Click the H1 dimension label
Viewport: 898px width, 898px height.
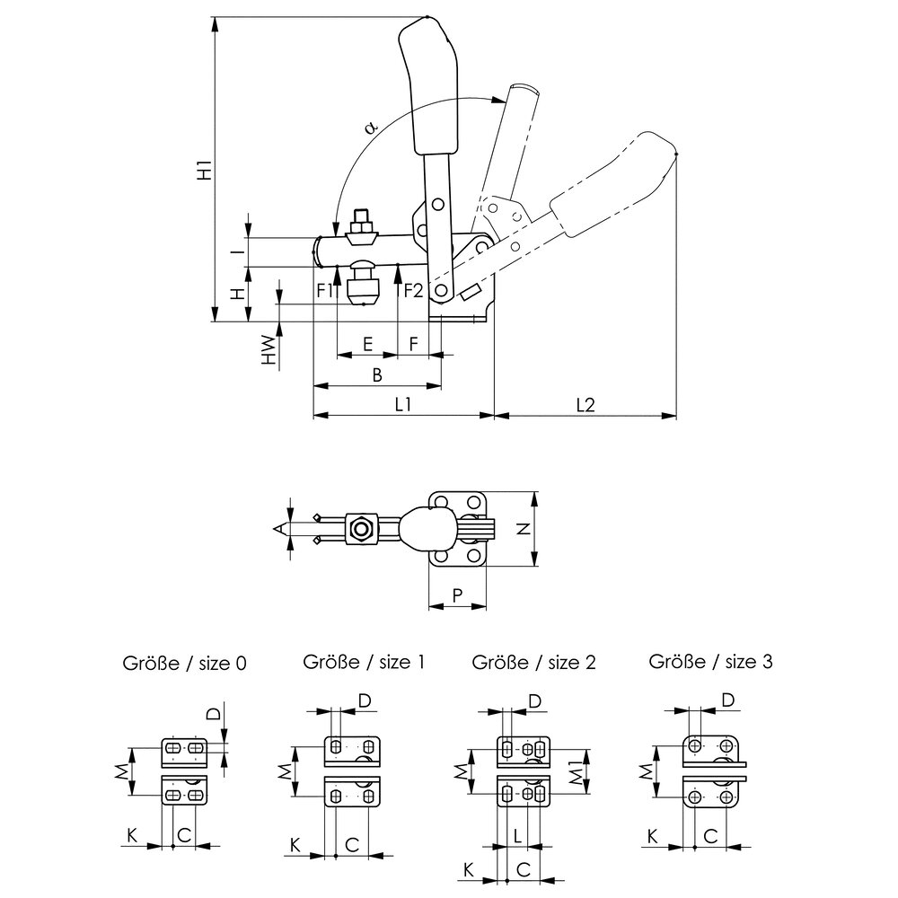pyautogui.click(x=205, y=170)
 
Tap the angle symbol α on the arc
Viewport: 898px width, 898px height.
pyautogui.click(x=371, y=127)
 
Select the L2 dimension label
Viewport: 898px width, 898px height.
pyautogui.click(x=585, y=405)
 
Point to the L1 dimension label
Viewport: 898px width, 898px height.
pyautogui.click(x=403, y=405)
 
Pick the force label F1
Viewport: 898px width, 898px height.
pyautogui.click(x=325, y=291)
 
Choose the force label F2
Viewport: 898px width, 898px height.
pyautogui.click(x=413, y=291)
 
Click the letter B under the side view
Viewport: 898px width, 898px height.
pyautogui.click(x=377, y=374)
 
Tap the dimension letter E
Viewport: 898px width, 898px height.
pyautogui.click(x=367, y=344)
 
